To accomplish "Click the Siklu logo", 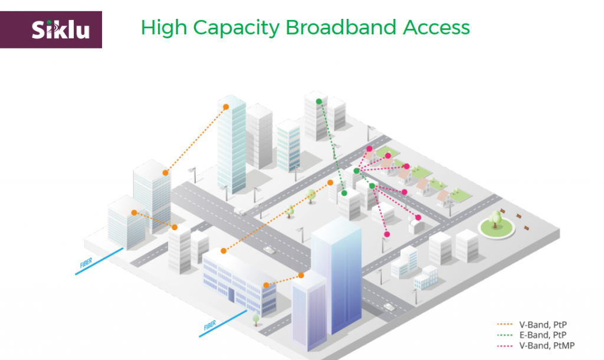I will click(61, 29).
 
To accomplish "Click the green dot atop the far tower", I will click(319, 102).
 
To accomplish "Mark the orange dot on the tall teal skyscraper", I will click(225, 106).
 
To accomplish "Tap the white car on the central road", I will click(269, 250).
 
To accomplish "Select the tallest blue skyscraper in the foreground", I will click(336, 274).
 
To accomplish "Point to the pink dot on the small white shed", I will click(418, 218).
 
